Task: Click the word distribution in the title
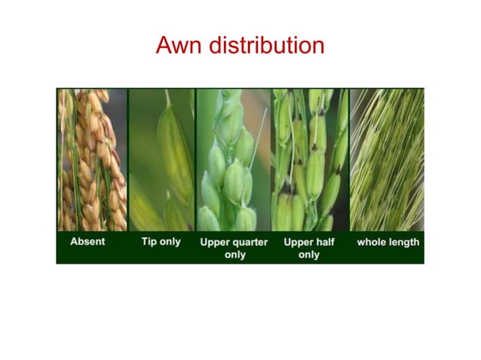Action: (x=265, y=45)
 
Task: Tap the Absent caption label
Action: (x=88, y=243)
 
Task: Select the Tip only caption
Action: (x=161, y=243)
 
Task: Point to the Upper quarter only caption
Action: (x=234, y=249)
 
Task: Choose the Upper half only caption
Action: (x=308, y=249)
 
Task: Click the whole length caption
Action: (x=388, y=243)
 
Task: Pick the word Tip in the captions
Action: (x=149, y=243)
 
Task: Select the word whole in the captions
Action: (x=372, y=243)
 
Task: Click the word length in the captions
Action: (x=404, y=243)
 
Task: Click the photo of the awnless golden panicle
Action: (x=92, y=160)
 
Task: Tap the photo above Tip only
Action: (x=161, y=160)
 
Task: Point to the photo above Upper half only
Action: (x=309, y=160)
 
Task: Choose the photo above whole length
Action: (x=387, y=160)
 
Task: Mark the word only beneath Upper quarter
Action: (x=234, y=255)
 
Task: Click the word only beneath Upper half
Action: (x=308, y=255)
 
